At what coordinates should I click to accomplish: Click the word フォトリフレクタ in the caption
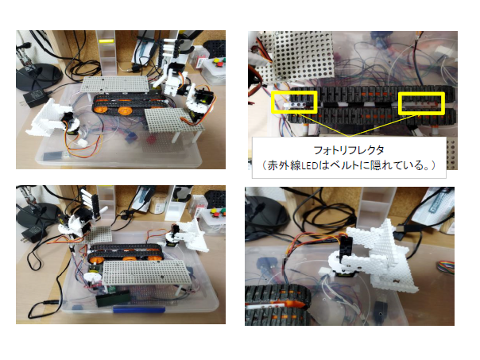point(349,150)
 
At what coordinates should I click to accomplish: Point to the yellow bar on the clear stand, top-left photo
point(106,41)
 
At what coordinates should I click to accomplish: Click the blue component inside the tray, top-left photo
point(130,135)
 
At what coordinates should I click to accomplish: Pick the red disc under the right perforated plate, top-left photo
point(151,140)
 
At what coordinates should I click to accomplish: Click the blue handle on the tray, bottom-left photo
point(139,310)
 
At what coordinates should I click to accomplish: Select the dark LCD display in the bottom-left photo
point(112,300)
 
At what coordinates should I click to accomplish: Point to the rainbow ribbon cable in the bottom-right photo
point(445,265)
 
